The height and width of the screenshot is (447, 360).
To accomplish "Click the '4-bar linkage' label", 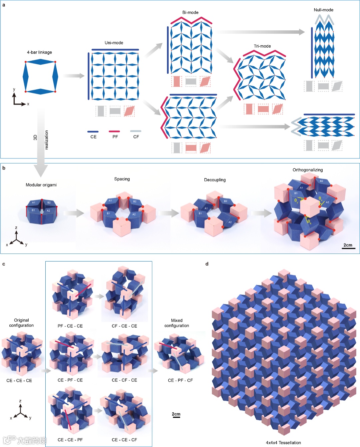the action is [x=39, y=52].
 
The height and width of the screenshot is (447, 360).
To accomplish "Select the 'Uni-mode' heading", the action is [x=114, y=43].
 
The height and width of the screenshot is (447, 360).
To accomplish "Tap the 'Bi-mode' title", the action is [x=190, y=13].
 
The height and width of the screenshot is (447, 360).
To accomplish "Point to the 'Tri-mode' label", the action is [x=262, y=46].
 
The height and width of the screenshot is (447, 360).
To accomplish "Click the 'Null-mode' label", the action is [x=323, y=10].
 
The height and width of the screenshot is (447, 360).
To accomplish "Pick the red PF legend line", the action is [x=114, y=131].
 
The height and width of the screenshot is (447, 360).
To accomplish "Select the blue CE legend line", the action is [x=93, y=131].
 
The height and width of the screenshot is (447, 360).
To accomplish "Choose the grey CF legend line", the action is [x=136, y=131].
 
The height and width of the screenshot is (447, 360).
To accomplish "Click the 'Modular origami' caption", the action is [x=41, y=185].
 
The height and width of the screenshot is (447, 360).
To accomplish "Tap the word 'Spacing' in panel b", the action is [x=122, y=179].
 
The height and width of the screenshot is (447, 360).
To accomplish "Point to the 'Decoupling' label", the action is [x=215, y=180].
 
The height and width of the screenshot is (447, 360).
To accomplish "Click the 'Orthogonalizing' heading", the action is [x=308, y=170].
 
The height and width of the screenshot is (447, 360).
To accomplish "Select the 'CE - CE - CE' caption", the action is [x=19, y=381].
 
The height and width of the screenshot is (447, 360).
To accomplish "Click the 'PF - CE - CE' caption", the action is [x=70, y=326].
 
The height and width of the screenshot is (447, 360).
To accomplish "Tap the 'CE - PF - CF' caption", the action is [x=180, y=380].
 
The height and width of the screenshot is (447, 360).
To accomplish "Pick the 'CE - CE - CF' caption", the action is [x=124, y=440].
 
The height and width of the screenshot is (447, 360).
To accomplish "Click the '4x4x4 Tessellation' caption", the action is [x=283, y=443].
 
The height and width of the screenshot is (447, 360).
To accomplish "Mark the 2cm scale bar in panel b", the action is [x=348, y=248].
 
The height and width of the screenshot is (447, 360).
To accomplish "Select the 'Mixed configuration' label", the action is [x=177, y=323].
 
